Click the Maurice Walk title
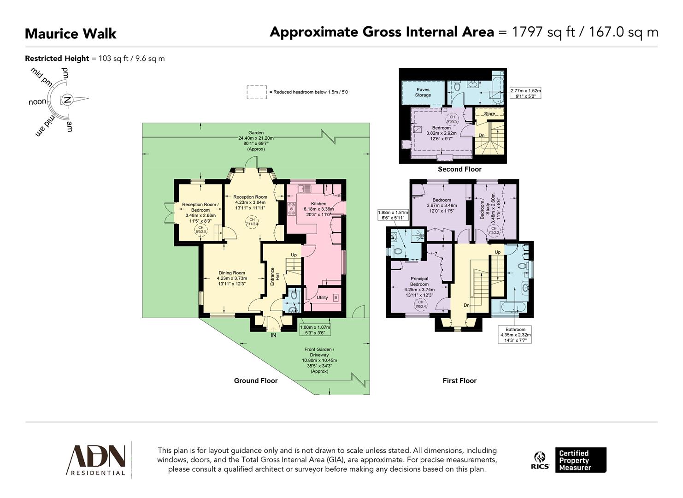(71, 34)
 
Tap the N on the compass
(67, 100)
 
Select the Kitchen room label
(318, 203)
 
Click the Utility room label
(322, 297)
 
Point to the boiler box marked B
(336, 298)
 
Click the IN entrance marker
(273, 335)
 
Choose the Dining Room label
(232, 273)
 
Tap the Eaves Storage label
(423, 92)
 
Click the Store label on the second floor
(489, 113)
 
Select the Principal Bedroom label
(419, 281)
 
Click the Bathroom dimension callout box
(515, 335)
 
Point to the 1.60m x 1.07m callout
(315, 330)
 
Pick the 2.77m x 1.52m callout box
(525, 94)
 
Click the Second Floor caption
(459, 169)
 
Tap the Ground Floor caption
(256, 380)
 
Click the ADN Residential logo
(97, 459)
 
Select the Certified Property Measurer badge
(580, 460)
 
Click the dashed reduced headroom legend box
(256, 92)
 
